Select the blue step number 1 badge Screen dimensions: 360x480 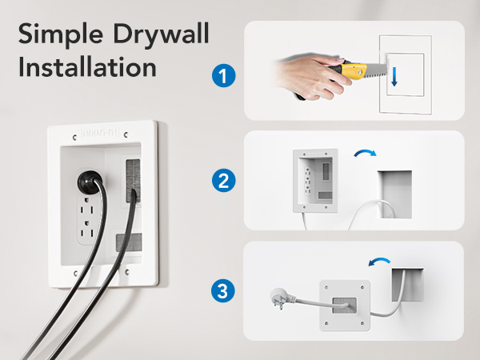pos(223,77)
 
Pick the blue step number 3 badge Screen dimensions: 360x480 pos(223,289)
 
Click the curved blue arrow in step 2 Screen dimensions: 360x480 pos(366,154)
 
